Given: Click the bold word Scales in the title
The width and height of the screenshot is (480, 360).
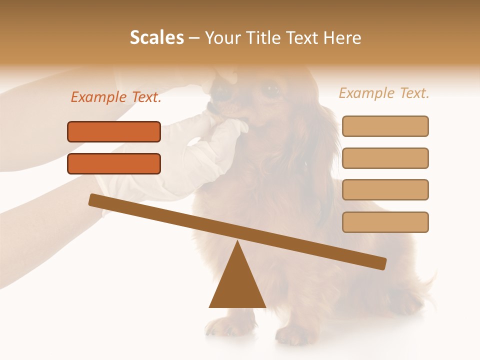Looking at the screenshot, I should pos(156,37).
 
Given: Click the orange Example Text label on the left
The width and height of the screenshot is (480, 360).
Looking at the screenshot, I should pos(116,97).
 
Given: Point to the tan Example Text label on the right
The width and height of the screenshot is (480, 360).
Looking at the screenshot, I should pos(384,93).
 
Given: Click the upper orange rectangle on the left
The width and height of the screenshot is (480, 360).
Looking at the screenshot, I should pos(114,131).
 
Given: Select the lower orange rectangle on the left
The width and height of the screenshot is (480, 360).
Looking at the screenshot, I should pos(114,163).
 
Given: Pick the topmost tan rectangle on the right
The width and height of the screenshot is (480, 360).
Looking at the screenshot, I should pos(385,126).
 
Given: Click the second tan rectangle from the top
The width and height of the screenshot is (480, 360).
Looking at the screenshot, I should pos(385,158).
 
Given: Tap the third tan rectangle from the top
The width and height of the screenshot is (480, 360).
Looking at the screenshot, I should pos(385,190).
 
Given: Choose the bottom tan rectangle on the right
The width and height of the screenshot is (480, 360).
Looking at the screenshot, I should pos(385,222).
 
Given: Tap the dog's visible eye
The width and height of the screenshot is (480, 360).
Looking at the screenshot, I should pos(271,90).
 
